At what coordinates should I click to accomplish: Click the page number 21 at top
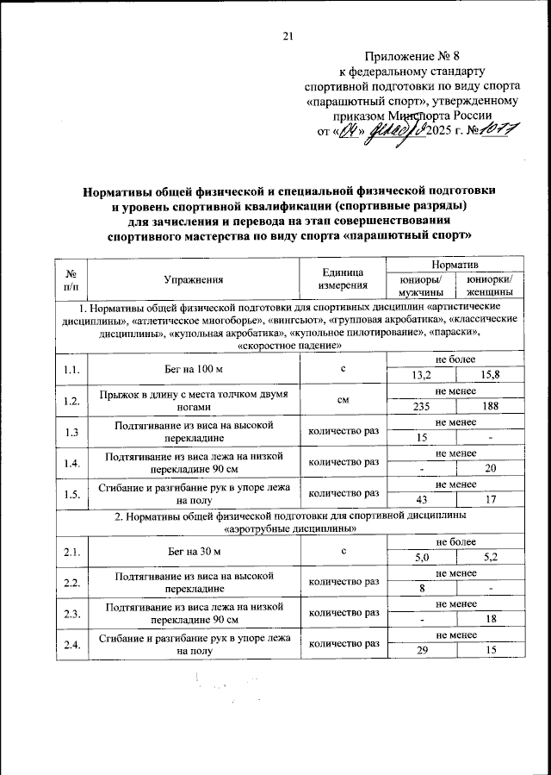(288, 35)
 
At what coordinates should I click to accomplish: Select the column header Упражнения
(194, 278)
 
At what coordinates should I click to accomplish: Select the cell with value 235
(422, 407)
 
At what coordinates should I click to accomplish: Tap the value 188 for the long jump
(489, 407)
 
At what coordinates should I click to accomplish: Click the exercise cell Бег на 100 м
(194, 369)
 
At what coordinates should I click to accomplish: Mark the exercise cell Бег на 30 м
(194, 550)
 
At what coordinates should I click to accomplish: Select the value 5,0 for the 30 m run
(422, 557)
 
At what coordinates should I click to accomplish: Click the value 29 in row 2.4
(422, 650)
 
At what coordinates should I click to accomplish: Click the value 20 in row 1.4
(489, 469)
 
